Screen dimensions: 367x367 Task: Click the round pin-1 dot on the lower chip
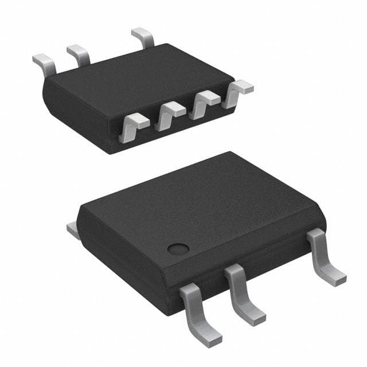178,249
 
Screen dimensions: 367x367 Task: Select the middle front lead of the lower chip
243,292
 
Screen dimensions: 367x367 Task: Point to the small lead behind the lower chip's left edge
73,230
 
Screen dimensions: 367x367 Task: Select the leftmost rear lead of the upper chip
44,63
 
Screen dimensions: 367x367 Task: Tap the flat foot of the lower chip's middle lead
252,315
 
